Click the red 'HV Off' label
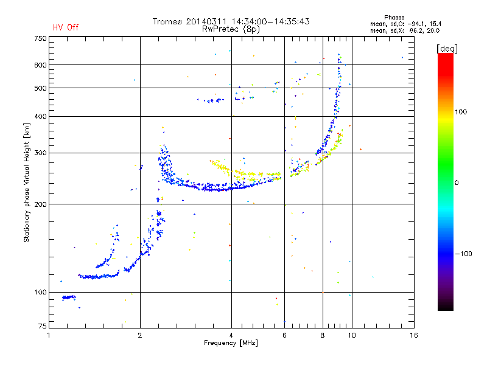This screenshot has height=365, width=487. (x=66, y=27)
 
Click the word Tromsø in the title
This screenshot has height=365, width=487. (x=167, y=21)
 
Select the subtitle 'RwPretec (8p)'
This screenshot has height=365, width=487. (x=231, y=29)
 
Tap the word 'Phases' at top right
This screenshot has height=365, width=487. (x=394, y=18)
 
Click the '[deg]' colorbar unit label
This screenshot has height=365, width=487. (x=447, y=49)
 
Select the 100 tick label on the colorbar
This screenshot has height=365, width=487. (x=461, y=112)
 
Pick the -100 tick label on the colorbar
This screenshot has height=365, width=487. (x=463, y=254)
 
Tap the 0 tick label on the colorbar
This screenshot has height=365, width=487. (x=457, y=183)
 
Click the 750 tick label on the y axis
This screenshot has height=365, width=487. (x=40, y=38)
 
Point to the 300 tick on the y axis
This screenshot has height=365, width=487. (x=40, y=153)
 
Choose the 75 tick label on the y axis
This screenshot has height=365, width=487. (x=43, y=326)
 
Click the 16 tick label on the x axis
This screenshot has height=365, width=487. (x=414, y=335)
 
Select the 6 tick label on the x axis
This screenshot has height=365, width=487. (x=284, y=335)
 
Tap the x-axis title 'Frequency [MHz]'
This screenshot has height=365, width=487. (x=231, y=343)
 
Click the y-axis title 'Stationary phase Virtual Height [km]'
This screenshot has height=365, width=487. (x=27, y=182)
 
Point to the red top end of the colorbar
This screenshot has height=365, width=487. (x=446, y=54)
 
